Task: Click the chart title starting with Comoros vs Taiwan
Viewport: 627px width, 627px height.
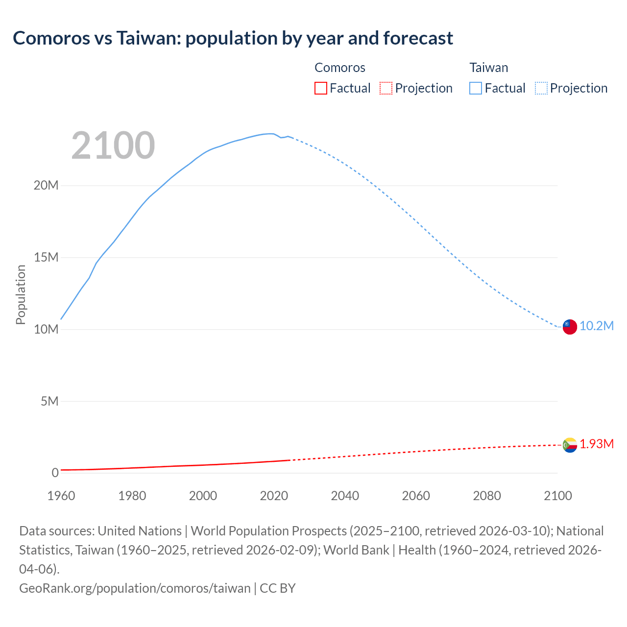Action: point(233,38)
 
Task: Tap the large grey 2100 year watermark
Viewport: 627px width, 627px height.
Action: point(113,145)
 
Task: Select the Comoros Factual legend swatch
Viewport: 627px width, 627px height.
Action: point(320,88)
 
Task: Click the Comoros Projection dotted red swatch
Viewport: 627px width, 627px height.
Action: point(386,88)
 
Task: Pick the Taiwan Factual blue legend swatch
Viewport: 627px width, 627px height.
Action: point(476,88)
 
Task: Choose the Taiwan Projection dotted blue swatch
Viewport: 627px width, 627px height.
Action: point(541,88)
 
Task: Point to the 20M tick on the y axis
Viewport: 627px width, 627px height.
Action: point(46,186)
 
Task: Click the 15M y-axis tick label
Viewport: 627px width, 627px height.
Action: point(46,258)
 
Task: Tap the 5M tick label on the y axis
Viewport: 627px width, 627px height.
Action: point(49,402)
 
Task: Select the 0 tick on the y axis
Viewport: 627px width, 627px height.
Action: point(55,473)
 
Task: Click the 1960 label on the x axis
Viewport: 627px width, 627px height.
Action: point(61,496)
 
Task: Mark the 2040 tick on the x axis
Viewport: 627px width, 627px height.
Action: point(345,496)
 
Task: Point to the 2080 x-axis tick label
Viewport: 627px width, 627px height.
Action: point(487,496)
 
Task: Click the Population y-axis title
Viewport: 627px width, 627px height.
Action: point(21,294)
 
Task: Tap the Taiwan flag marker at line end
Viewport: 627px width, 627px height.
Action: point(570,327)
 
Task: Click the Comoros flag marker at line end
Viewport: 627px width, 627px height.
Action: point(570,445)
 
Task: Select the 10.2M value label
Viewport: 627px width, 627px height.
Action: point(597,326)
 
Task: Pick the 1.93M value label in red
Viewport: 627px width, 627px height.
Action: point(597,444)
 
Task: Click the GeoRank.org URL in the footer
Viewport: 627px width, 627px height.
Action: point(135,588)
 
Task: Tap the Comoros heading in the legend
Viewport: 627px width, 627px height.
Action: point(340,68)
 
